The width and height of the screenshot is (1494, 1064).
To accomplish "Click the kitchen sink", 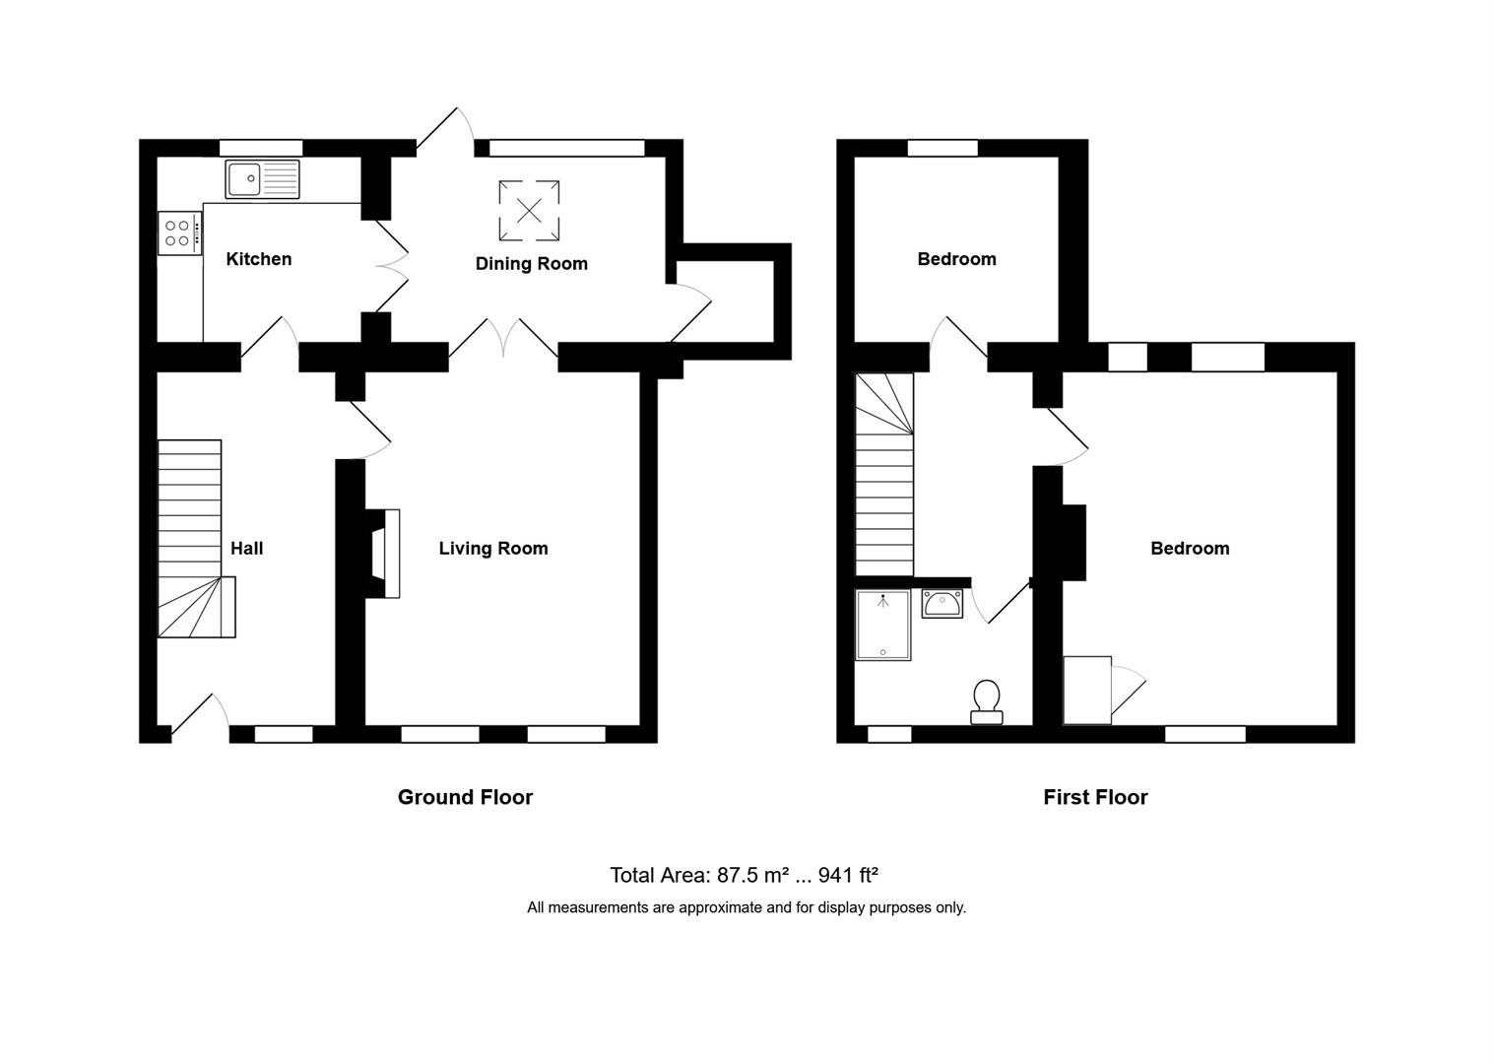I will pos(262,179).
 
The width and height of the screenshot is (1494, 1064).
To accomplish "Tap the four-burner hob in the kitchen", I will pos(178,233).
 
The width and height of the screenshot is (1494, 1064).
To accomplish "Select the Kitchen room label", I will pos(259,259).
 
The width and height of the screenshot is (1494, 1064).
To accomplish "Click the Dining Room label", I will pos(531,264).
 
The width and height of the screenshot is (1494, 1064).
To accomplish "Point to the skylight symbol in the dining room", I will pos(530,210).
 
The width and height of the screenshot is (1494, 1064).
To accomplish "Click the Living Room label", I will pos(493,549).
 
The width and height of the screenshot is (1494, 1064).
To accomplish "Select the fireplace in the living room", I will pos(383,554).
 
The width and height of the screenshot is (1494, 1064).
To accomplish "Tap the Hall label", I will pos(246,549).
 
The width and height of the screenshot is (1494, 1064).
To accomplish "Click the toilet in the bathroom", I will pos(986,700).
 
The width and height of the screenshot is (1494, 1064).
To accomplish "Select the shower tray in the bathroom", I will pos(883,625).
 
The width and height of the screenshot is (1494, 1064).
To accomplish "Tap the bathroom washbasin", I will pos(942,603).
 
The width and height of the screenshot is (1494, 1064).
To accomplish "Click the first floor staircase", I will pos(884,473).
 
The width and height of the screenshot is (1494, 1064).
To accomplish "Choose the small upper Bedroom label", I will pos(956,259).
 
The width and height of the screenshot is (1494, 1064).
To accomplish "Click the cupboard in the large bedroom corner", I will pos(1087,690).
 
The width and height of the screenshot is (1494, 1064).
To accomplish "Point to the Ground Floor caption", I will pos(465,797).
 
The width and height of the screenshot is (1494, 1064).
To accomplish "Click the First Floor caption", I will pos(1095,797).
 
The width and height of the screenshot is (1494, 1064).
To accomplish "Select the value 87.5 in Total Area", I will pos(735,875).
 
